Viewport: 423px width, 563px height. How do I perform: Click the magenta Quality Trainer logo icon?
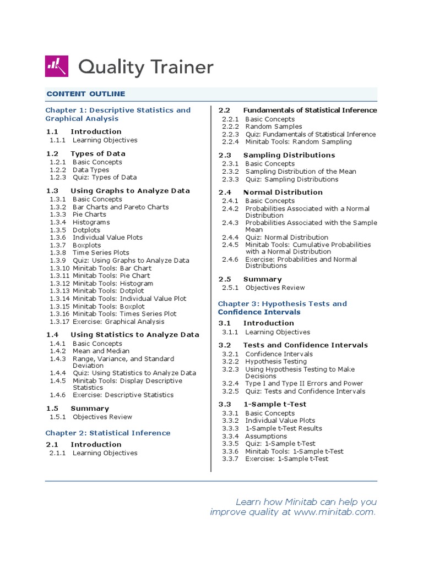click(x=57, y=67)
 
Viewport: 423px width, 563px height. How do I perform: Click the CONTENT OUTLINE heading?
click(x=85, y=94)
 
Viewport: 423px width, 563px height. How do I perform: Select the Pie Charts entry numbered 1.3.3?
click(x=89, y=214)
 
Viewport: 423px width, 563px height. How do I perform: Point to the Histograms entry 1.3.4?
click(x=91, y=222)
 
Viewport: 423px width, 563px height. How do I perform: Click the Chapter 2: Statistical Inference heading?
click(x=108, y=433)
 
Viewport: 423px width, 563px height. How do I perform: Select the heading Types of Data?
click(x=98, y=153)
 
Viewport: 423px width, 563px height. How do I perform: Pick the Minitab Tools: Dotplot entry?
click(x=108, y=291)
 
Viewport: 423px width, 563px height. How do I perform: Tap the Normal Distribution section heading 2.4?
click(x=283, y=192)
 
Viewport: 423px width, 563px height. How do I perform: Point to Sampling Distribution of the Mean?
click(x=300, y=172)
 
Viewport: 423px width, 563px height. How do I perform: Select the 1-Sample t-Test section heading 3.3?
click(x=274, y=404)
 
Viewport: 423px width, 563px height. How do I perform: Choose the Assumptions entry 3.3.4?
click(x=266, y=436)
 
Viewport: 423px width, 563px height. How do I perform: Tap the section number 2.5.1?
click(x=230, y=288)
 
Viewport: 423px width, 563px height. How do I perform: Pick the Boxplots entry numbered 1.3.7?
click(x=86, y=245)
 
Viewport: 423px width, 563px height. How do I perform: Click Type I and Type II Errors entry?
click(x=304, y=383)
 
